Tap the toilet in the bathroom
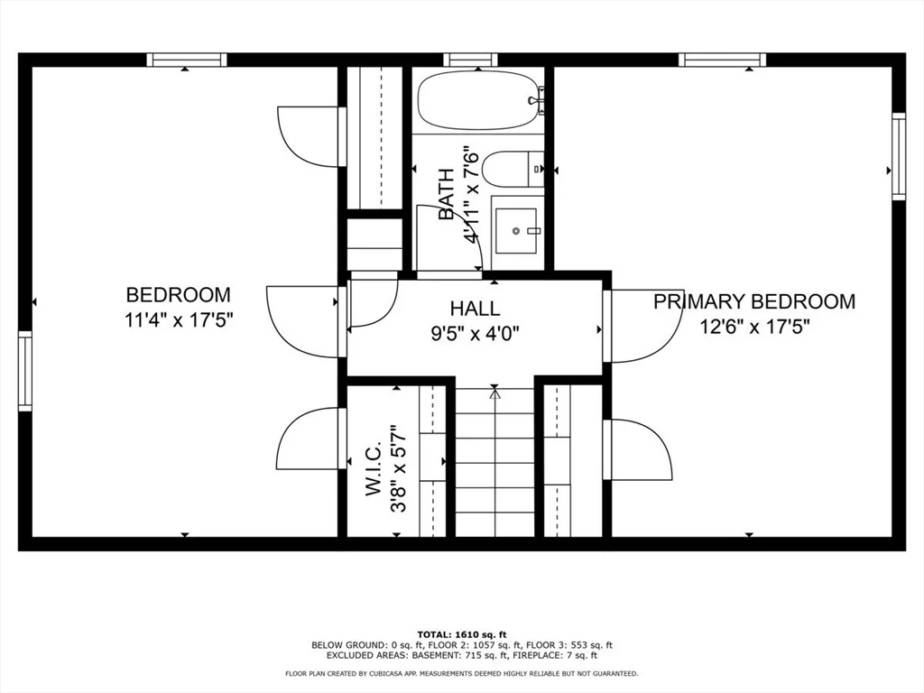tap(513, 169)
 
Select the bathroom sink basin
tap(515, 230)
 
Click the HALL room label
tap(475, 309)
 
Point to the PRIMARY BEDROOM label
tap(754, 301)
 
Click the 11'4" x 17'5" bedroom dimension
tap(180, 320)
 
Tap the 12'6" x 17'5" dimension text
tap(754, 326)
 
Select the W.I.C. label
tap(374, 469)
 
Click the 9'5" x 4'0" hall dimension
tap(475, 334)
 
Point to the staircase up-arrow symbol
tap(495, 393)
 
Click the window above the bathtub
tap(471, 60)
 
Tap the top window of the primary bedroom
tap(722, 60)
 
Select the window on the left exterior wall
tap(24, 371)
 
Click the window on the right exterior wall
tap(899, 156)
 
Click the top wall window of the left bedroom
tap(187, 60)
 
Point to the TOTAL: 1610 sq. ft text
tap(462, 634)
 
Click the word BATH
tap(446, 195)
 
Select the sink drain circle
tap(516, 231)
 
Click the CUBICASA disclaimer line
tap(461, 673)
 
